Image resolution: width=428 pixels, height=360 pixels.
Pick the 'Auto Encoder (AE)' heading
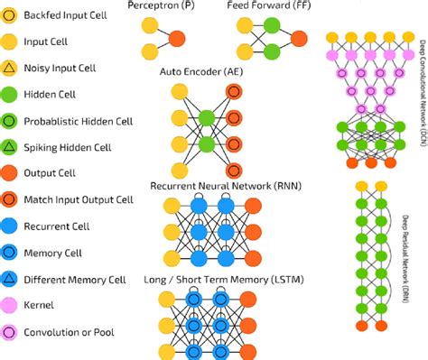click(200, 69)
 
